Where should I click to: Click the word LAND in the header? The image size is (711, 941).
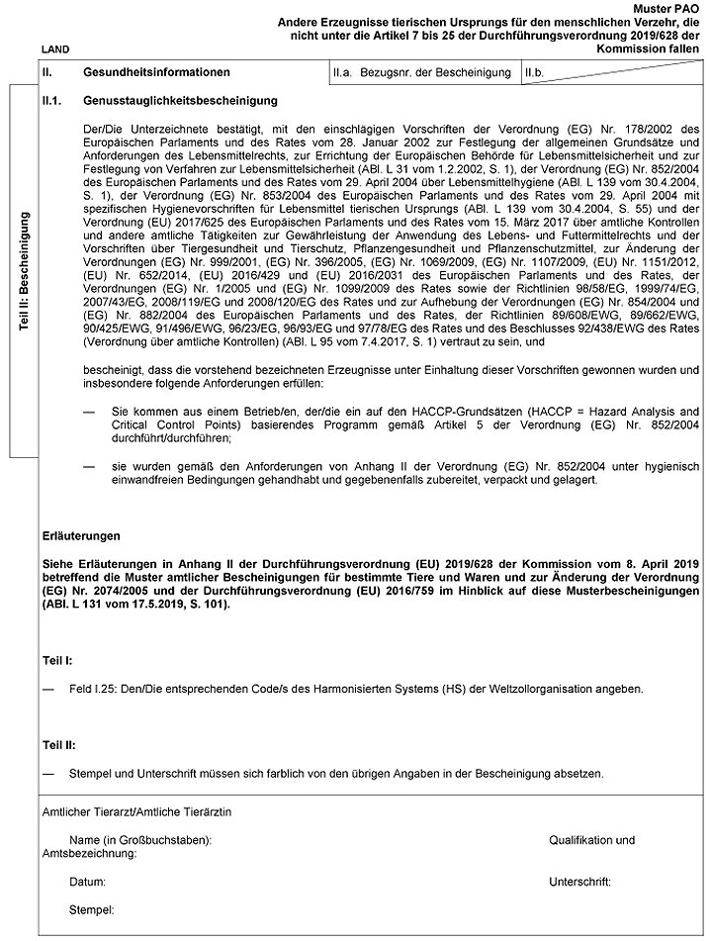click(x=55, y=48)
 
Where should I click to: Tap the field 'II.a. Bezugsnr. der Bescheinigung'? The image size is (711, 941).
click(x=422, y=73)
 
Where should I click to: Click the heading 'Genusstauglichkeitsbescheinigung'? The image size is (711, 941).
click(x=180, y=101)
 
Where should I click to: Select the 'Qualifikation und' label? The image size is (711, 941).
click(x=591, y=839)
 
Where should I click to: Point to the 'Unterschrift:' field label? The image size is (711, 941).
click(x=579, y=880)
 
